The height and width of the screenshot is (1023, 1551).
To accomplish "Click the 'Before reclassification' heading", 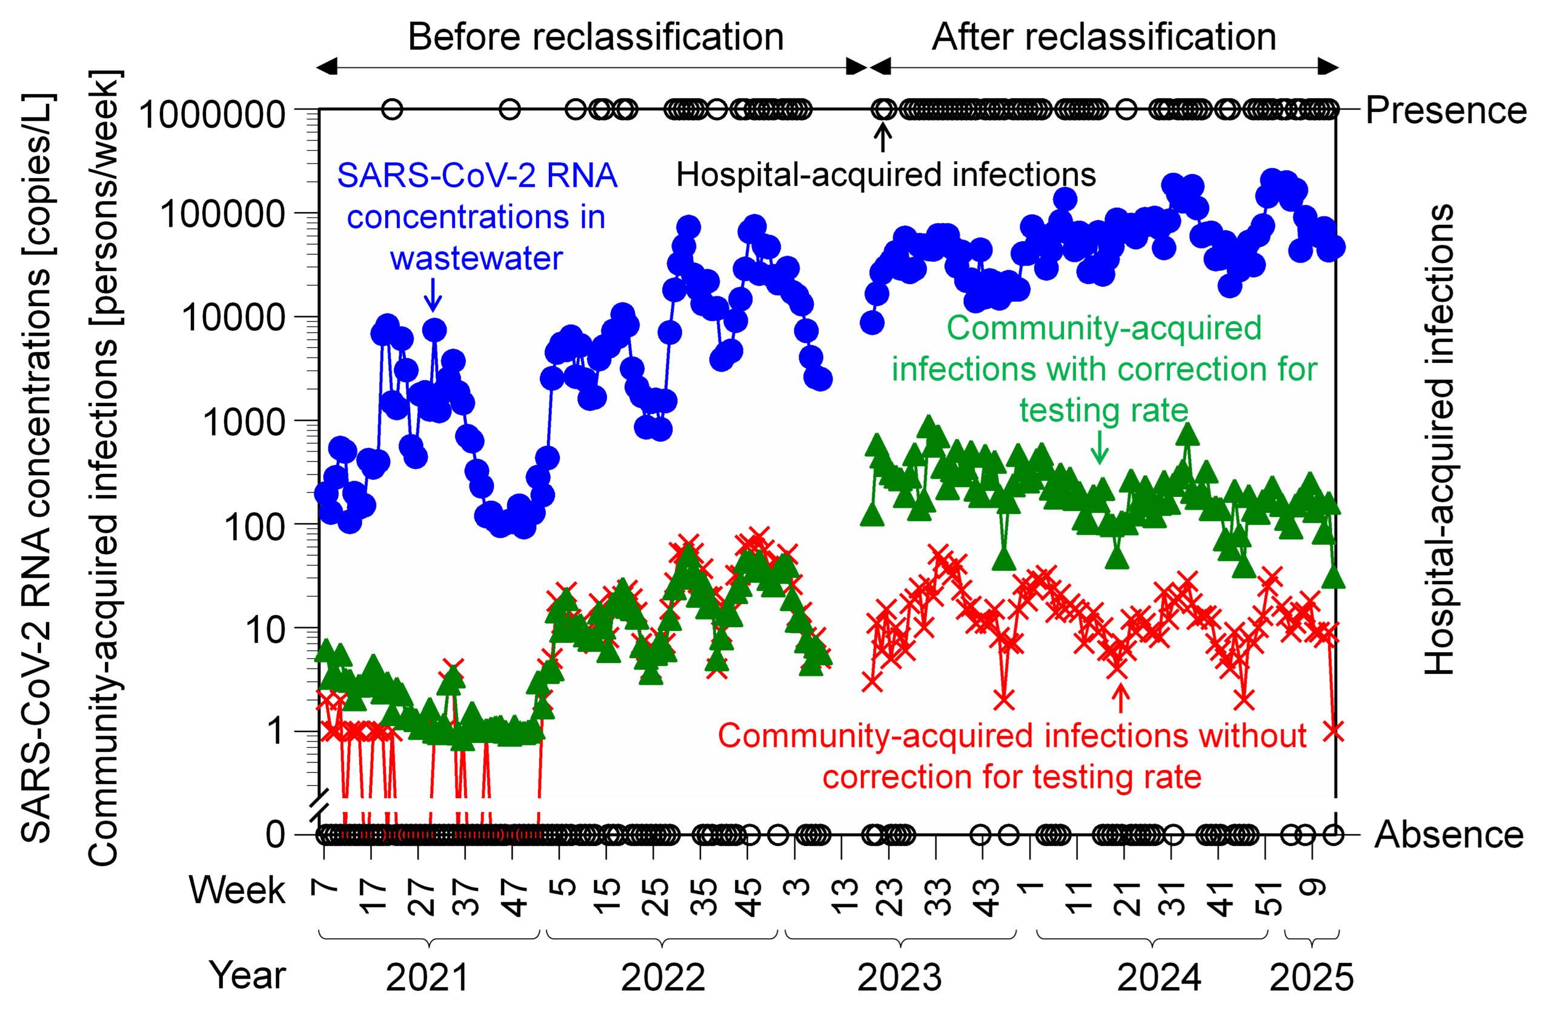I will click(x=595, y=36).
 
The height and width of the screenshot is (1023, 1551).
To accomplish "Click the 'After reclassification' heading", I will click(x=1103, y=36).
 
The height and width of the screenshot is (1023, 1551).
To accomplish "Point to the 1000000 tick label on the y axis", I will click(x=212, y=114).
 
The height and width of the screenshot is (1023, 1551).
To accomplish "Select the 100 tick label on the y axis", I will click(x=254, y=527).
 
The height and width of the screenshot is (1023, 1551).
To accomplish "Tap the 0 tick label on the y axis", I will click(x=275, y=835).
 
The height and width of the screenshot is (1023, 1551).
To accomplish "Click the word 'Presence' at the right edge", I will click(x=1446, y=110).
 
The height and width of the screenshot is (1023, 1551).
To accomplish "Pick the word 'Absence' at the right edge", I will click(x=1449, y=835).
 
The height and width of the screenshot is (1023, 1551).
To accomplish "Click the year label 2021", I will click(x=427, y=978).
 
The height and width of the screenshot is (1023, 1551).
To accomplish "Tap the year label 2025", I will click(x=1311, y=978).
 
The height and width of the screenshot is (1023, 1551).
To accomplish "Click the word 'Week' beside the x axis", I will click(x=237, y=890).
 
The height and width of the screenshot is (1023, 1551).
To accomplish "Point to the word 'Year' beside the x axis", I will click(x=248, y=976).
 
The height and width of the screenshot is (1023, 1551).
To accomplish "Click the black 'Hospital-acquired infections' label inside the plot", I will click(x=886, y=175).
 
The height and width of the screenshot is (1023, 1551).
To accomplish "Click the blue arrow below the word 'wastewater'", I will click(x=433, y=296).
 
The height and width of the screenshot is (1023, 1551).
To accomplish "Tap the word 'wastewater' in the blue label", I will click(x=476, y=258).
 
